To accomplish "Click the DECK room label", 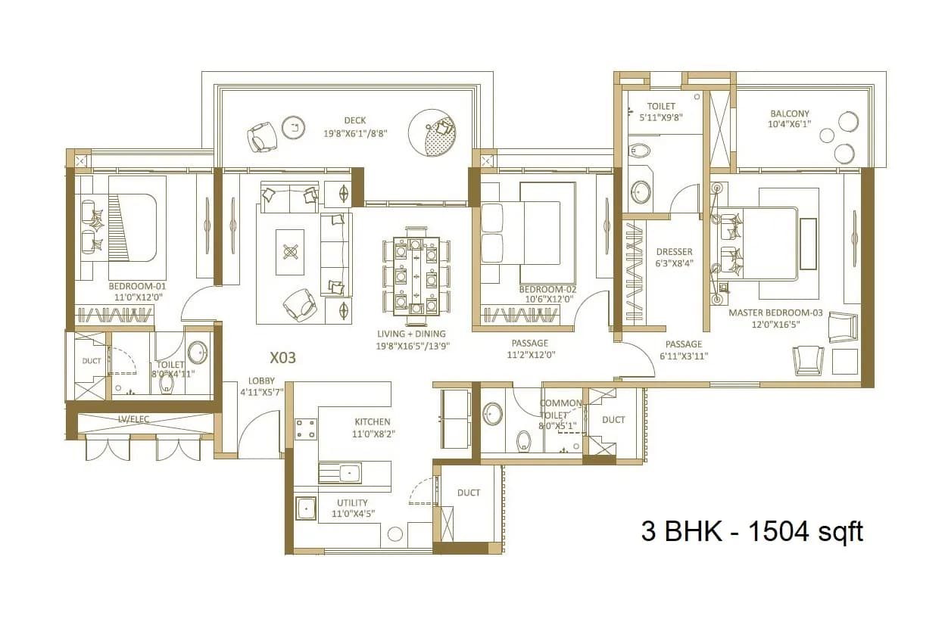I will point(354,120).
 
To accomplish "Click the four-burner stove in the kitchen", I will point(305,429).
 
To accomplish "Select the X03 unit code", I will point(282,357).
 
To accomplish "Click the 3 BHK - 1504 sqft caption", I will point(752,531).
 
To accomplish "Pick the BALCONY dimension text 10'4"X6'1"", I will point(790,124).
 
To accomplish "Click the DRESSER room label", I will point(674,252).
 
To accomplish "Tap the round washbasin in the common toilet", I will point(493,413).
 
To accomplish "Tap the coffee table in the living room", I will point(290,250).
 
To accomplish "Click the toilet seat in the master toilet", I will point(639,149).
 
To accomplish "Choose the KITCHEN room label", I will point(373,422).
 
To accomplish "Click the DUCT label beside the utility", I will point(469,493).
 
